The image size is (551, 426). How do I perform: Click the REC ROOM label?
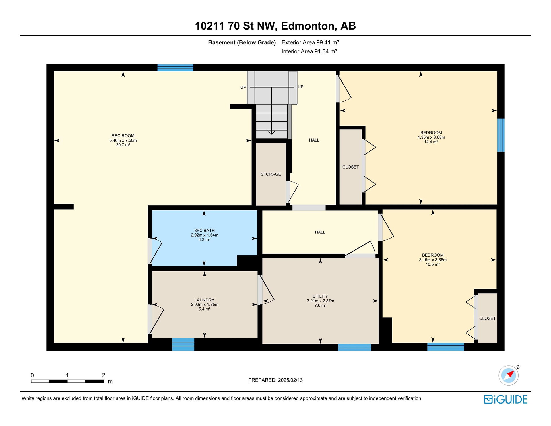pos(123,136)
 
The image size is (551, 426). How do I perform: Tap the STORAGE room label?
pos(271,174)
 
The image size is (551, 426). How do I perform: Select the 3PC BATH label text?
pos(204,231)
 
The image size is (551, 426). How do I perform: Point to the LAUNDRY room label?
pos(204,300)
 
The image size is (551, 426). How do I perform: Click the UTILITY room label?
pos(320,296)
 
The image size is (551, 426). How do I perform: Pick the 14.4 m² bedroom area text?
pos(431,142)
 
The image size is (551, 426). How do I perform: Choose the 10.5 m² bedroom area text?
pos(433,264)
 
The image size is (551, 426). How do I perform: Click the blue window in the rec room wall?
pos(175,68)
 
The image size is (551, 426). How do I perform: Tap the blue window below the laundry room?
pos(183,344)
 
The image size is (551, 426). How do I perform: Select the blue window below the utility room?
pos(354,347)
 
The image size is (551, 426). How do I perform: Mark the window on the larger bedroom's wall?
pos(501,135)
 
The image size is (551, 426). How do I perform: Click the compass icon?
pos(509,375)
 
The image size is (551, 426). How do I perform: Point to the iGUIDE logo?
pos(506,400)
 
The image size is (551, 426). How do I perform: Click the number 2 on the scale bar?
pos(104,375)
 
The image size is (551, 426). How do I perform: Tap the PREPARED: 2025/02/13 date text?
pos(275,380)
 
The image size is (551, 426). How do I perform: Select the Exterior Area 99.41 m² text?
pos(310,42)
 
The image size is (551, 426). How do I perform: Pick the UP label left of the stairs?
pos(243,87)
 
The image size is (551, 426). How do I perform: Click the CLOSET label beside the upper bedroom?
pos(350,167)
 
